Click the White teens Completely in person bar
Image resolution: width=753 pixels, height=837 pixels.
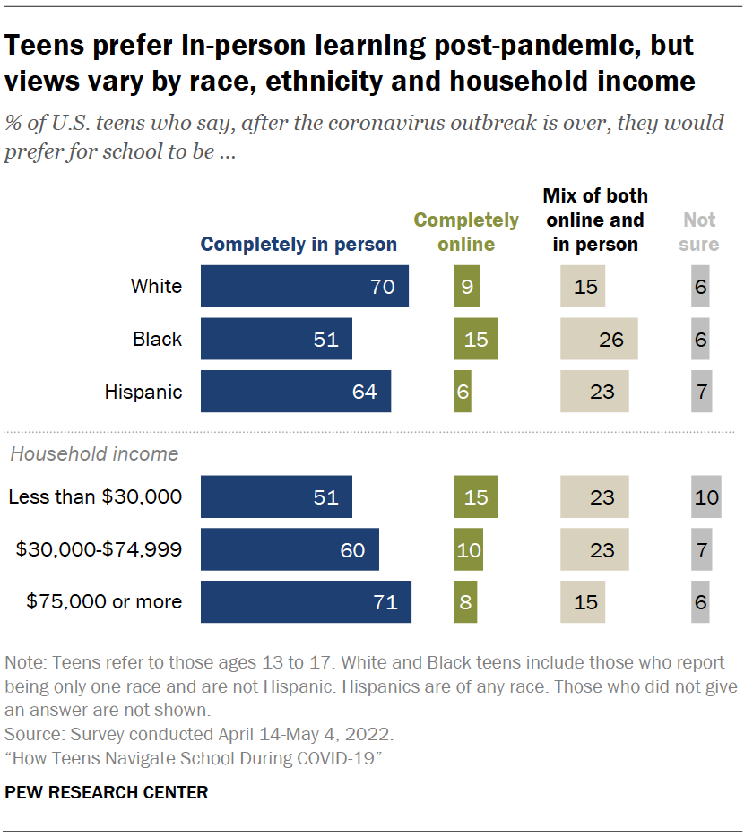click(304, 287)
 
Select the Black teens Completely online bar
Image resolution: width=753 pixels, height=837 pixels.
click(475, 340)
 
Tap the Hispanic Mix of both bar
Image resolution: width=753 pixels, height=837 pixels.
click(594, 392)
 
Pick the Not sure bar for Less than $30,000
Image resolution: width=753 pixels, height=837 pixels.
click(706, 496)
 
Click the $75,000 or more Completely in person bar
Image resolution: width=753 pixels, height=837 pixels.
click(306, 601)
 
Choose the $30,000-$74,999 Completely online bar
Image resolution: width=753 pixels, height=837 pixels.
click(468, 549)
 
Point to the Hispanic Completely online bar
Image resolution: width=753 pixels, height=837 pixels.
click(462, 392)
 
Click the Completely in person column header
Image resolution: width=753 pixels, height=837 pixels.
click(298, 245)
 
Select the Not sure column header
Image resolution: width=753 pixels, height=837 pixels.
click(700, 231)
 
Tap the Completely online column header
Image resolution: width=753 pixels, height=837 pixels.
click(466, 231)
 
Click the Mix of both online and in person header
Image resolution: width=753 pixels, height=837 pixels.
click(595, 220)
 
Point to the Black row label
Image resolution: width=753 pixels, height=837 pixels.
click(157, 340)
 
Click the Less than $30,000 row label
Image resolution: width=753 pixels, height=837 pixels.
click(95, 496)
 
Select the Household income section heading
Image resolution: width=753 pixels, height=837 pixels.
click(94, 453)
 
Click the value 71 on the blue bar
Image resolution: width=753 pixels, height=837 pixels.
click(385, 601)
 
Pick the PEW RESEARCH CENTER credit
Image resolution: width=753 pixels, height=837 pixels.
click(107, 792)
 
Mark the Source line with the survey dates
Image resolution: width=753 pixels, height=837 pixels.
click(199, 735)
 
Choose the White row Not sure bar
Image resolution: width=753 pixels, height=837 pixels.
click(701, 287)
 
